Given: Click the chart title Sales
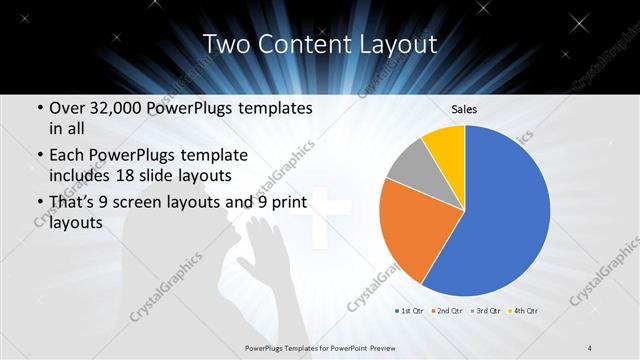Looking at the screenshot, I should [x=463, y=108].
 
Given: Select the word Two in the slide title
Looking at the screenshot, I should [x=224, y=44].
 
